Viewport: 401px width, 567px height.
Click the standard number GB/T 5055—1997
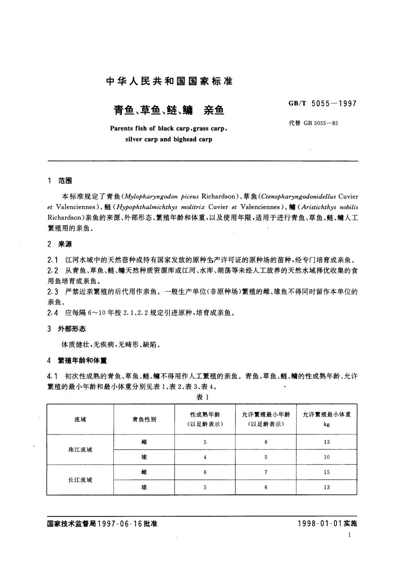coord(322,104)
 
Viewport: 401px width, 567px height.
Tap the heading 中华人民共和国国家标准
coord(169,81)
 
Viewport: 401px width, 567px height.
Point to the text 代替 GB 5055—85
coord(313,123)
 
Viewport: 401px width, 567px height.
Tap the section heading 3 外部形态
coord(67,329)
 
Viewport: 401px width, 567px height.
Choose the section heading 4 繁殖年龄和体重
coord(77,361)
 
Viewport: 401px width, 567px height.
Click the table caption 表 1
coord(203,397)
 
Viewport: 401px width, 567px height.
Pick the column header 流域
coord(80,420)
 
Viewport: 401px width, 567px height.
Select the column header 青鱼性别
coord(144,420)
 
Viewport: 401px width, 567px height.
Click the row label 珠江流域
coord(80,449)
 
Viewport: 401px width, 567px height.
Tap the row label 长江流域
coord(80,480)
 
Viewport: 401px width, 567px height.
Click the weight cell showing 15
coord(327,472)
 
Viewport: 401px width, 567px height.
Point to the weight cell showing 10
coord(327,457)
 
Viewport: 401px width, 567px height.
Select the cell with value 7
coord(266,472)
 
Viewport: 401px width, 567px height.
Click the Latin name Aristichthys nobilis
coord(333,207)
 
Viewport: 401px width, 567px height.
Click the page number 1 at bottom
coord(350,535)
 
